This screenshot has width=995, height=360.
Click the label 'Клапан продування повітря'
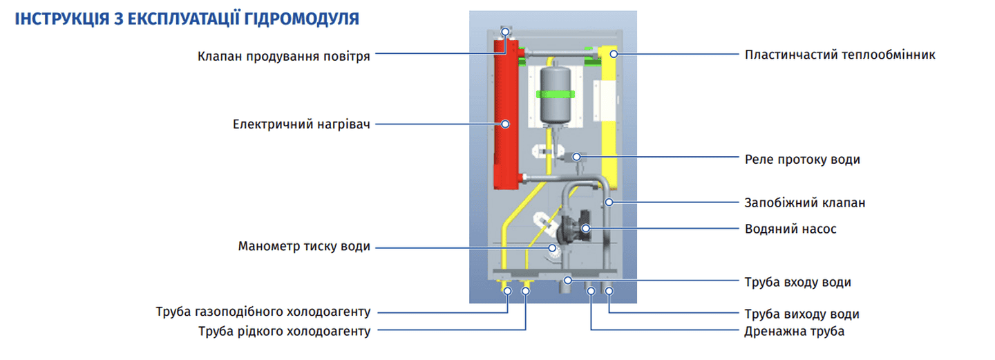(x=283, y=56)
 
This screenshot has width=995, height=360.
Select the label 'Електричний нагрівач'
(x=302, y=124)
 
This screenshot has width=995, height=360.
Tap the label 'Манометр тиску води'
(x=304, y=247)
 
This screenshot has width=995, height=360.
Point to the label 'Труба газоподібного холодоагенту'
(x=263, y=312)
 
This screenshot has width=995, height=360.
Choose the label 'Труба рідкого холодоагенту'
(x=284, y=332)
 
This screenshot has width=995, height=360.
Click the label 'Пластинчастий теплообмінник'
(x=840, y=54)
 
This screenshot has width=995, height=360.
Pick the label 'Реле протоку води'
(x=802, y=159)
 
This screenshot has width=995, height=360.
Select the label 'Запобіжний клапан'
(x=805, y=203)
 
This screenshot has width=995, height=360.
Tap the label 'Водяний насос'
(x=790, y=229)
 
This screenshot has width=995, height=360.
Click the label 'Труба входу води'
(x=797, y=282)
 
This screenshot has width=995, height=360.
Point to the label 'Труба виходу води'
(x=802, y=314)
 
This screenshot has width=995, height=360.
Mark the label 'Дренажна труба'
(x=795, y=332)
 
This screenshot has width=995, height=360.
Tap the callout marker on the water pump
(x=585, y=227)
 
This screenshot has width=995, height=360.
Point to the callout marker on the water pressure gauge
(x=552, y=247)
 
